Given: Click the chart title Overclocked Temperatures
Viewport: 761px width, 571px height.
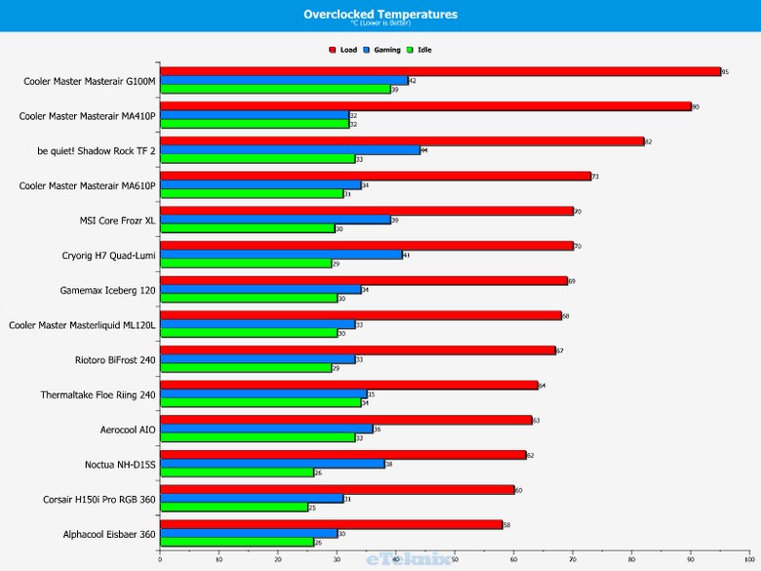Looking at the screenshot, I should [380, 14].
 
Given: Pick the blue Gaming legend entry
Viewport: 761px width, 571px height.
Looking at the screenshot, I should [380, 49].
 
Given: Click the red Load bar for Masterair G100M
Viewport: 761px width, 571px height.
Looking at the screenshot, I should [439, 71].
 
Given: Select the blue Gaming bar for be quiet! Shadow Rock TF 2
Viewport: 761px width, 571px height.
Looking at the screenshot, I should [290, 149].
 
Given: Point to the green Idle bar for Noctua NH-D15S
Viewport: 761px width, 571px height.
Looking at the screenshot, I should [237, 472].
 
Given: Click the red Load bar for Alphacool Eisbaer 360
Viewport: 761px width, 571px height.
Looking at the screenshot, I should [331, 524].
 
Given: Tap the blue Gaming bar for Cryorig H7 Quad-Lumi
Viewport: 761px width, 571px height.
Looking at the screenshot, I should [281, 254].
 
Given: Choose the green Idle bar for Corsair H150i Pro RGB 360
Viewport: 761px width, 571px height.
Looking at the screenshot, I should [234, 508].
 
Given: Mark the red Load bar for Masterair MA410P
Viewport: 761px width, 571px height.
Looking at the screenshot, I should [424, 105].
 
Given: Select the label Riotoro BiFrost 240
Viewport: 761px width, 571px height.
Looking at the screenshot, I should [115, 359].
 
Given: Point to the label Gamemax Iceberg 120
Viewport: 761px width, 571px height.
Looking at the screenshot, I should [108, 290].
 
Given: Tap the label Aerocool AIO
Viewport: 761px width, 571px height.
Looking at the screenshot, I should [128, 429].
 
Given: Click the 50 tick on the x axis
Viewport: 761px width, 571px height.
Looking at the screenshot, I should [455, 559].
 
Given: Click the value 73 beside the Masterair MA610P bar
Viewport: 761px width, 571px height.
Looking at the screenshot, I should [595, 177].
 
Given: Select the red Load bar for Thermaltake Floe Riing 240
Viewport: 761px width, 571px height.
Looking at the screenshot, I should [348, 385].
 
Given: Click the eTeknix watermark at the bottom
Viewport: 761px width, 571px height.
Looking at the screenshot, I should [409, 559].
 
